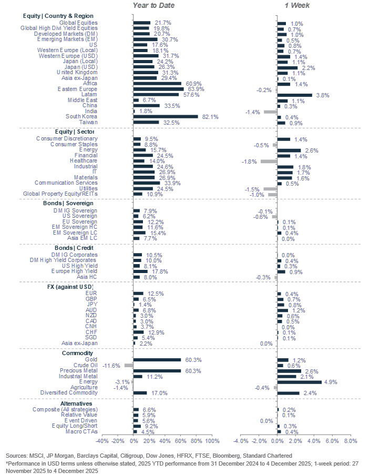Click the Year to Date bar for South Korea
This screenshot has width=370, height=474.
pos(166,117)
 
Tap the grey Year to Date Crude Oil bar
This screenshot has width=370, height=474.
pos(129,365)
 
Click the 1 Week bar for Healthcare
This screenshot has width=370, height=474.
pos(268,161)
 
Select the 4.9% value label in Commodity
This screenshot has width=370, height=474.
pos(331,382)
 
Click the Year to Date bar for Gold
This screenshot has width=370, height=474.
pos(157,360)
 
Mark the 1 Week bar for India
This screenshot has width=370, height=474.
pos(270,112)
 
